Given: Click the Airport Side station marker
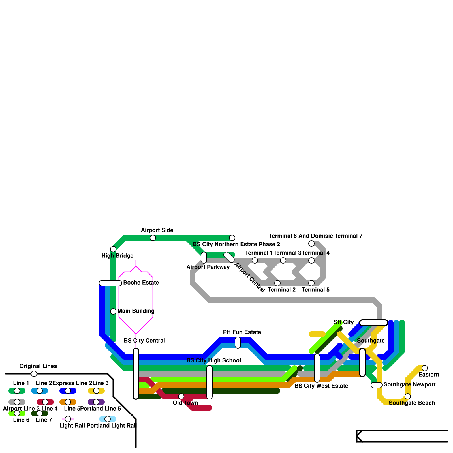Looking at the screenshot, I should point(153,238).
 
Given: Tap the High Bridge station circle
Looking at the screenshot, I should point(113,249).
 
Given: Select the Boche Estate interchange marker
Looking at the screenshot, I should point(110,283).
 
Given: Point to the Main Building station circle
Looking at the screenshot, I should point(113,311).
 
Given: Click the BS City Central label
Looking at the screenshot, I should point(144,341).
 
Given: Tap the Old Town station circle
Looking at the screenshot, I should point(181,396).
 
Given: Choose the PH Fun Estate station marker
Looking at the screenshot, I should point(238,343).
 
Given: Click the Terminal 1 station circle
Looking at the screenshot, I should point(255,260).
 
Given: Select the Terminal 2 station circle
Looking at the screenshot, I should point(277,283).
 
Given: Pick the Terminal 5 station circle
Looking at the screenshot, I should point(311,283).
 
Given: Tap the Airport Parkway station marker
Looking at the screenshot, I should point(204,258).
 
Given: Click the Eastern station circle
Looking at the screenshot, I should point(425,368).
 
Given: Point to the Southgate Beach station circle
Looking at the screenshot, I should point(408,396).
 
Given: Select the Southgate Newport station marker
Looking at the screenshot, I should point(377,385).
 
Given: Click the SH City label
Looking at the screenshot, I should point(343,322).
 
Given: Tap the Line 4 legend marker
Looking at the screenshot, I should point(45,402).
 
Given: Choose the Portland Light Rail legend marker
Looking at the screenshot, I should point(108,419).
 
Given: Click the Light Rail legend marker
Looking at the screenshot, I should point(68,419).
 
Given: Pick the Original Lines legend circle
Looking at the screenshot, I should point(34,374).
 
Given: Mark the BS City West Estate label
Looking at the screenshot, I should point(321,386).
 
